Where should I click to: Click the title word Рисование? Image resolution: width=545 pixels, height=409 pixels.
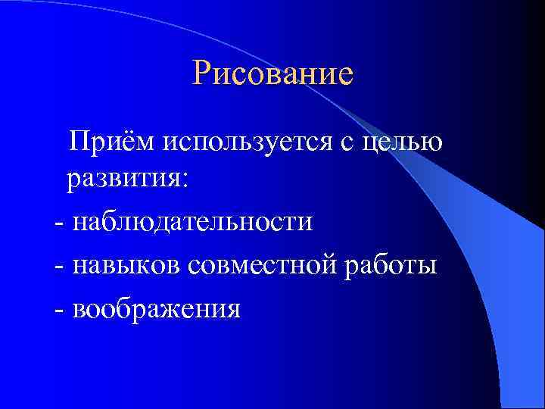click(x=272, y=75)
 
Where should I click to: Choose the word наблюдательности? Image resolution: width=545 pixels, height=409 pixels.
click(x=192, y=223)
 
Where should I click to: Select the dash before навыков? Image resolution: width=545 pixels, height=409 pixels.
click(x=59, y=267)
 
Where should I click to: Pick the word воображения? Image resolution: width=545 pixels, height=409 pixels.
click(x=157, y=309)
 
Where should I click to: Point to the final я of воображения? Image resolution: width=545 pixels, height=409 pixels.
click(x=233, y=310)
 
